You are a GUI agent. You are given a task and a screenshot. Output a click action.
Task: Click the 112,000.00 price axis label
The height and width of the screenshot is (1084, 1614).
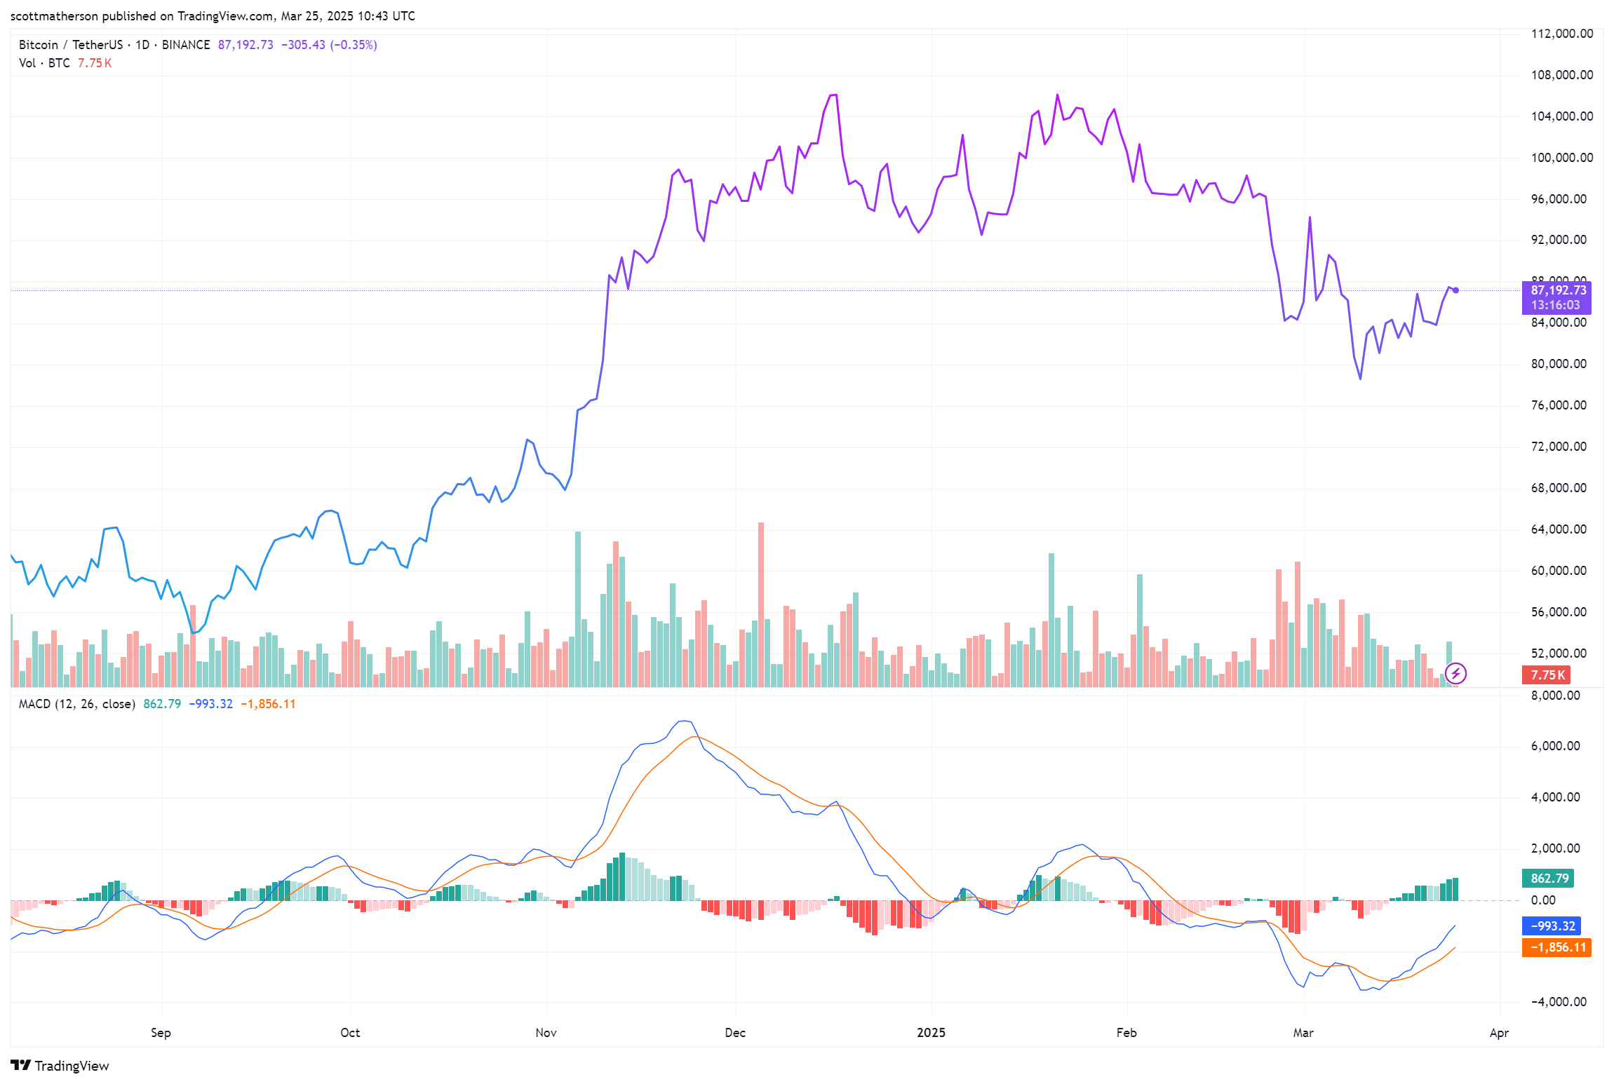tap(1561, 34)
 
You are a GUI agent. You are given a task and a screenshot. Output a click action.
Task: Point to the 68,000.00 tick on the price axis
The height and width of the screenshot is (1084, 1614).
tap(1558, 488)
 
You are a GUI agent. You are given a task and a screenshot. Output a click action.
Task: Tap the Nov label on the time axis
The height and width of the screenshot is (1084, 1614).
tap(546, 1033)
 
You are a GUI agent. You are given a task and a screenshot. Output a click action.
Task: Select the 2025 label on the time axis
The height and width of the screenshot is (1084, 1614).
tap(931, 1033)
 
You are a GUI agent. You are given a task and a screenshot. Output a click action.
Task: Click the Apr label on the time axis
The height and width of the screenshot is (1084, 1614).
tap(1499, 1033)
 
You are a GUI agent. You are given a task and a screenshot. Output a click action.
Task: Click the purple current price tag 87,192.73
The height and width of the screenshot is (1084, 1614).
tap(1558, 290)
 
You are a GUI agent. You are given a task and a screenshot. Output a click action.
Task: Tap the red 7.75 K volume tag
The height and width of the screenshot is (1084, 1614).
tap(1547, 675)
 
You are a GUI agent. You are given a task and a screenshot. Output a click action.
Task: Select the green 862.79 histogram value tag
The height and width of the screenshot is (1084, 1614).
tap(1549, 879)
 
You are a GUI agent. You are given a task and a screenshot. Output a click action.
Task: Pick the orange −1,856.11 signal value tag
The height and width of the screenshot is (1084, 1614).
tap(1557, 947)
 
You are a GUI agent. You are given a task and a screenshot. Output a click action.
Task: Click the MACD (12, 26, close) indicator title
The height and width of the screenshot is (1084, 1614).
tap(76, 704)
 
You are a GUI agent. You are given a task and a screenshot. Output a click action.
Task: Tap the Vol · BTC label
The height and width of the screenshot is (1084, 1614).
tap(44, 63)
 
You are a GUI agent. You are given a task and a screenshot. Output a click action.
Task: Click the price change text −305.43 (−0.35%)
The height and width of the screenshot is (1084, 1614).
tap(329, 45)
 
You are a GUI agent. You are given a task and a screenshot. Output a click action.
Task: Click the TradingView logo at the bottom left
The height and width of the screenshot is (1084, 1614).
tap(60, 1066)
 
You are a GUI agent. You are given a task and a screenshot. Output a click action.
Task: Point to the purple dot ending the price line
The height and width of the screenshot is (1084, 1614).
tap(1455, 290)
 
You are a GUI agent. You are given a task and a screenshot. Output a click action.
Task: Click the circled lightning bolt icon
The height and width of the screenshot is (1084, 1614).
tap(1455, 674)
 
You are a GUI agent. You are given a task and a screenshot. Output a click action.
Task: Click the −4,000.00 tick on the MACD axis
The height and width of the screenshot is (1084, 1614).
tap(1558, 1002)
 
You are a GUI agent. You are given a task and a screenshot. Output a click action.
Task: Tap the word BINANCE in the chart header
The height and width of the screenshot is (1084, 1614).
tap(186, 45)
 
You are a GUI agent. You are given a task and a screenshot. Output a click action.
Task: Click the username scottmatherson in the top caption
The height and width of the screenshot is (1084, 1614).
tap(54, 16)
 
